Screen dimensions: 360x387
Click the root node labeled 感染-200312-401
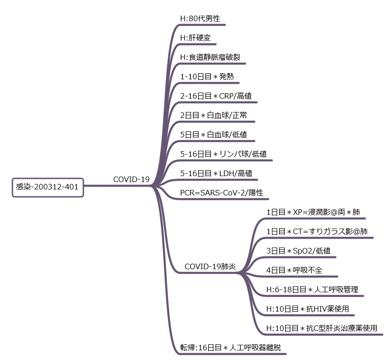click(47, 188)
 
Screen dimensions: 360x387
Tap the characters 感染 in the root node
click(23, 187)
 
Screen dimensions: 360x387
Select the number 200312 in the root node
click(47, 187)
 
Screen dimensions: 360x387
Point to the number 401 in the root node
click(71, 187)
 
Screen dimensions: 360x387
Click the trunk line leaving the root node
click(117, 186)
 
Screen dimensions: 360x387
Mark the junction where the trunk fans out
click(153, 186)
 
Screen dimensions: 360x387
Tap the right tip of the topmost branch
click(225, 25)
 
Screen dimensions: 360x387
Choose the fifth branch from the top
click(217, 102)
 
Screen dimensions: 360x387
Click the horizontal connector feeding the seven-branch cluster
click(207, 273)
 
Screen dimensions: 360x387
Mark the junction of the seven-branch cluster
click(240, 273)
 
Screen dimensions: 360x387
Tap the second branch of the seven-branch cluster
click(318, 238)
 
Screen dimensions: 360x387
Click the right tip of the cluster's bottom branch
click(382, 335)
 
